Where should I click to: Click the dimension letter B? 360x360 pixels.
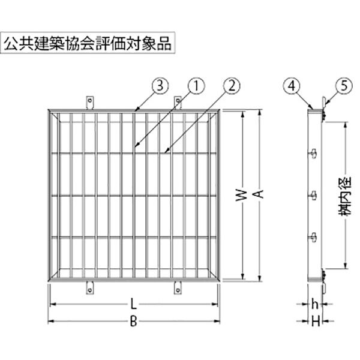tap(133, 323)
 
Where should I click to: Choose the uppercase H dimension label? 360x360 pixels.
tap(314, 323)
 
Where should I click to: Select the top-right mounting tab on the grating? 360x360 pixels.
tap(178, 103)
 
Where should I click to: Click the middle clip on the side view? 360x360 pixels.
tap(314, 196)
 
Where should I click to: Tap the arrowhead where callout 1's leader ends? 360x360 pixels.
tap(136, 146)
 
